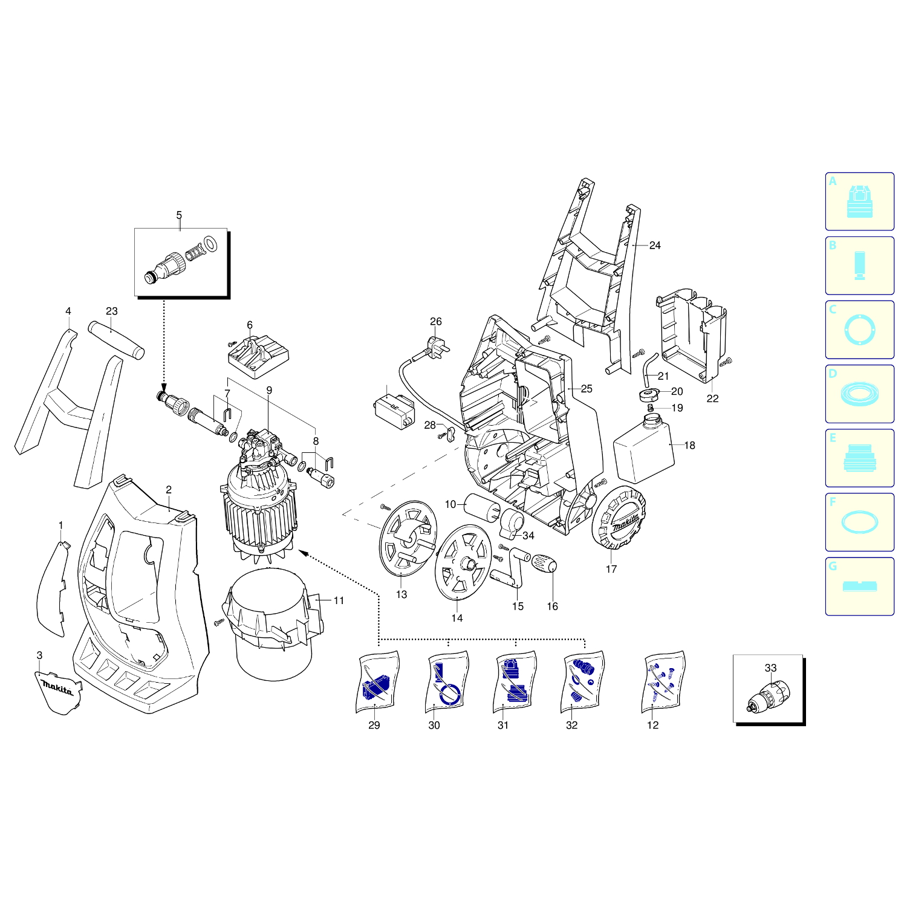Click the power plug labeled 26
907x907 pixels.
tap(437, 346)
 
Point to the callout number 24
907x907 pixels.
tap(655, 245)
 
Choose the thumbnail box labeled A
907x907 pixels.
tap(859, 201)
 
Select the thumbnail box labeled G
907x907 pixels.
tap(859, 587)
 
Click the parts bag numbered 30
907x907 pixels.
tap(447, 681)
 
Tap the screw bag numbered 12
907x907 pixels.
tap(663, 681)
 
